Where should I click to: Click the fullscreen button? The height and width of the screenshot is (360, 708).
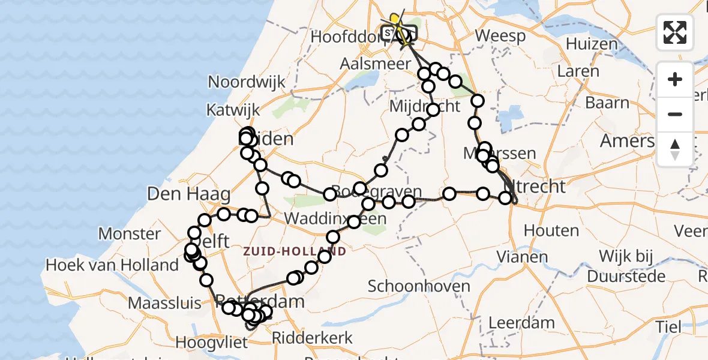(x=675, y=32)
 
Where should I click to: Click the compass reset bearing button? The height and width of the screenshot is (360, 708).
(x=675, y=149)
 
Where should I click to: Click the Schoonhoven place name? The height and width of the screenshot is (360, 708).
(x=419, y=286)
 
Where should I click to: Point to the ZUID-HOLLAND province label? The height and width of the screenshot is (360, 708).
(x=295, y=251)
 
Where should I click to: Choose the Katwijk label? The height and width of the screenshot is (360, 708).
(x=233, y=110)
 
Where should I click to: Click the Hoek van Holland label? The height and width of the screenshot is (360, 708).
(x=113, y=265)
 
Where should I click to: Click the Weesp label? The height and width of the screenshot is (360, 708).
(x=500, y=36)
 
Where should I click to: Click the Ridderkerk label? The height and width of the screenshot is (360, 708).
(x=313, y=338)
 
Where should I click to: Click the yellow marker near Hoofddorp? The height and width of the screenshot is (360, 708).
(x=394, y=20)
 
